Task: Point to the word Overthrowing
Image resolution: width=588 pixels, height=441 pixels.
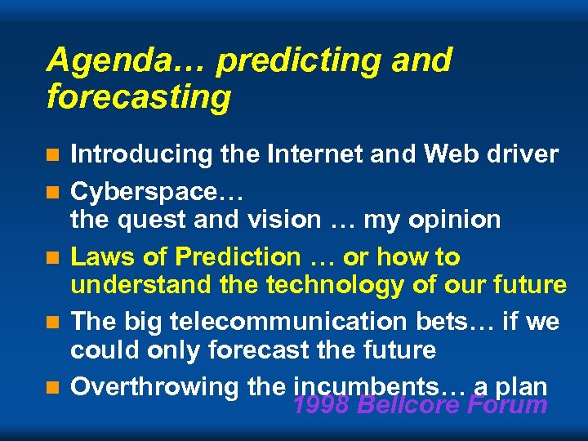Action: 154,387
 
